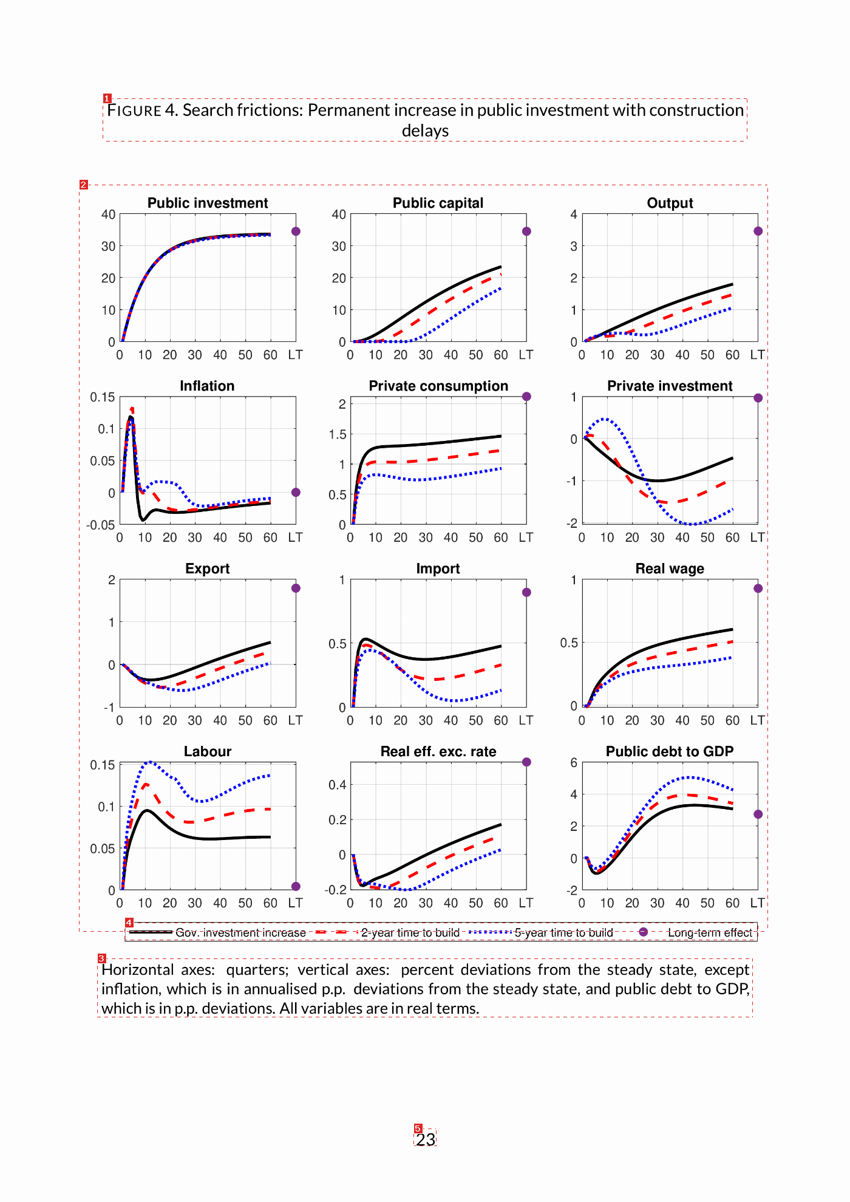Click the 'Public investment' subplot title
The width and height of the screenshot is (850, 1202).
(x=208, y=203)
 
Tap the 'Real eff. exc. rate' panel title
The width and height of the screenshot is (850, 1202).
(x=438, y=751)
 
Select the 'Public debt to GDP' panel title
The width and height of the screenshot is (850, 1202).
(x=670, y=751)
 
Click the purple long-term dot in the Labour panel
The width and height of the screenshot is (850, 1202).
(x=296, y=886)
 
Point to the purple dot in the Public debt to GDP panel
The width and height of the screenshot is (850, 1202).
(x=758, y=814)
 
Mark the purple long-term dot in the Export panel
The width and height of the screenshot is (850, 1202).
(x=296, y=588)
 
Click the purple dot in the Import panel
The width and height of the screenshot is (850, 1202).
(x=526, y=592)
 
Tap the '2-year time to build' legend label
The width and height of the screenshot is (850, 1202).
(x=410, y=932)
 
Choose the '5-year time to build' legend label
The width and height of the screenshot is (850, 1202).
(x=564, y=932)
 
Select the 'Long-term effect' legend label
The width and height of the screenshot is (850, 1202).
(x=710, y=932)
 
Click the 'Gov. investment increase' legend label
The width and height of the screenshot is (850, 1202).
(x=240, y=932)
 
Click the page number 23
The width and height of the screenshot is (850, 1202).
(x=426, y=1139)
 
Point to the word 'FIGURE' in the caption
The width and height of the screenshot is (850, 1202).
(x=134, y=111)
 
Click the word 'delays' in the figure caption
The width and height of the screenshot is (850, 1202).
(x=425, y=131)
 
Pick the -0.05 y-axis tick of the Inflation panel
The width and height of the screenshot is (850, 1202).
(x=100, y=525)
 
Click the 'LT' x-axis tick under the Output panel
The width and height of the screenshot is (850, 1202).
(x=757, y=355)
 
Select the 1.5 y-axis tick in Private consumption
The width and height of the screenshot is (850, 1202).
(x=338, y=434)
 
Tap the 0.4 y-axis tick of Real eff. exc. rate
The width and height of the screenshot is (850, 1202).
(x=338, y=785)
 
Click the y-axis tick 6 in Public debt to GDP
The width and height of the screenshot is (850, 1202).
(x=574, y=763)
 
